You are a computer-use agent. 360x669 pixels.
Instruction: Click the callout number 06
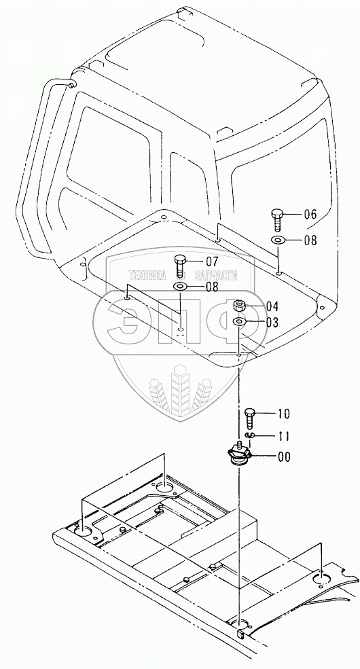click(310, 214)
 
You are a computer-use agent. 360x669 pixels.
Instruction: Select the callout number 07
click(211, 261)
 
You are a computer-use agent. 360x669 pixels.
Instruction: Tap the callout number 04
click(272, 306)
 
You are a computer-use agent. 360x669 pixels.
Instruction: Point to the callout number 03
click(272, 323)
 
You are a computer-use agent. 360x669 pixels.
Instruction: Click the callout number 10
click(284, 414)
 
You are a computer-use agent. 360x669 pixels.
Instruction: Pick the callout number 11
click(284, 436)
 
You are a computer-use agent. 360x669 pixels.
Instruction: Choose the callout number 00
click(284, 457)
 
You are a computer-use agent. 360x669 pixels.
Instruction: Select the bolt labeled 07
click(179, 266)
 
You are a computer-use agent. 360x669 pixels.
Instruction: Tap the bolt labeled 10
click(251, 418)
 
